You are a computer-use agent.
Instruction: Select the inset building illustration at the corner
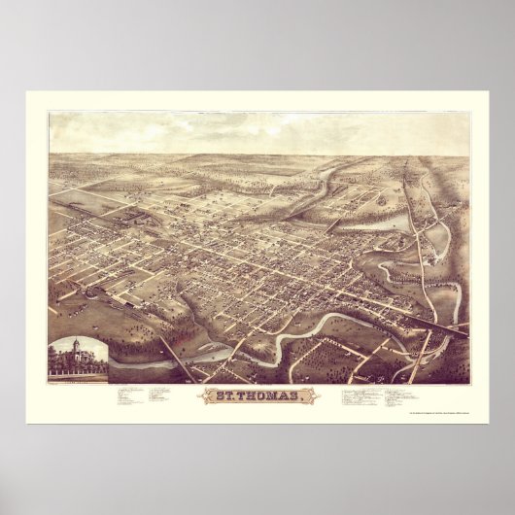click(x=77, y=359)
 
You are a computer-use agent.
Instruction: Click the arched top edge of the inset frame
click(x=77, y=336)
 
